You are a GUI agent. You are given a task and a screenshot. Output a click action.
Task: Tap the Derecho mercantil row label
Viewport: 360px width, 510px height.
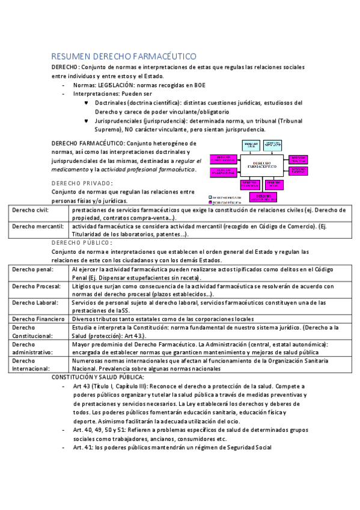34,226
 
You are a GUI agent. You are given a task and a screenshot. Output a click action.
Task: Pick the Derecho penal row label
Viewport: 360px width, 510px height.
31,269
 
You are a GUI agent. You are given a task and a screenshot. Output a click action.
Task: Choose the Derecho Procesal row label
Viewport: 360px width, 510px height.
35,285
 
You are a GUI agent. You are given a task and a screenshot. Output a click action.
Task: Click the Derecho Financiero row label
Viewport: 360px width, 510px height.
38,318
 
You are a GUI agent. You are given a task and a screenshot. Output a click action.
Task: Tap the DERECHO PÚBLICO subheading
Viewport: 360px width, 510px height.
82,243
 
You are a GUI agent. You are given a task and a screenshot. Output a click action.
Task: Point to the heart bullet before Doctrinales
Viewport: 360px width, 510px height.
87,103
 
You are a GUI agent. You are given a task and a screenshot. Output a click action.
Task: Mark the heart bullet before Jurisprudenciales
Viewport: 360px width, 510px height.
87,121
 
